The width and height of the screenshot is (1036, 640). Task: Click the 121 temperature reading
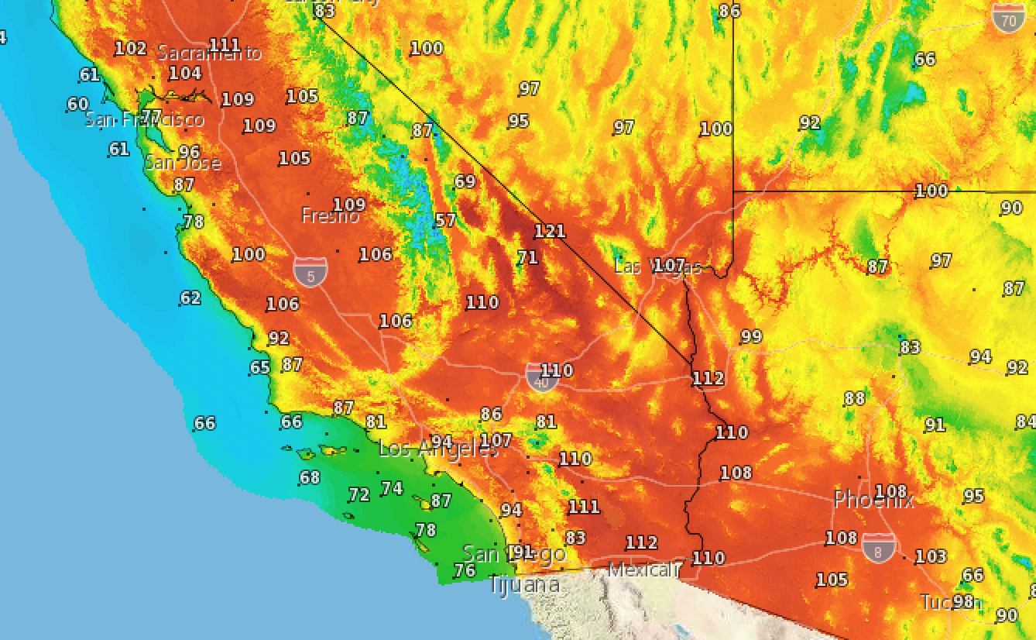pyautogui.click(x=549, y=231)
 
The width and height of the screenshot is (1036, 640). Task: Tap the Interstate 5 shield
pyautogui.click(x=310, y=270)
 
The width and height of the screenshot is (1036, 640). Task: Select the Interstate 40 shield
pyautogui.click(x=540, y=377)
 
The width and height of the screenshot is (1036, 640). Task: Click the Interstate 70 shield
pyautogui.click(x=1007, y=18)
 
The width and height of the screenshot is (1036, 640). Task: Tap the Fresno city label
pyautogui.click(x=330, y=216)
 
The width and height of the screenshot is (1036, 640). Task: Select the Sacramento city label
pyautogui.click(x=209, y=53)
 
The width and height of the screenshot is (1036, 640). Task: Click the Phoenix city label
pyautogui.click(x=873, y=500)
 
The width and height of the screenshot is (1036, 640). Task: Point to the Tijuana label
pyautogui.click(x=524, y=584)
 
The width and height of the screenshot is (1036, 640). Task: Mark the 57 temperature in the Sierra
pyautogui.click(x=445, y=220)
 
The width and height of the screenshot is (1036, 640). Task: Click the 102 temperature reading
pyautogui.click(x=130, y=48)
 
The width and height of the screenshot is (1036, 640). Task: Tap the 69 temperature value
pyautogui.click(x=465, y=181)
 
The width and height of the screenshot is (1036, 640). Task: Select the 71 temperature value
pyautogui.click(x=527, y=257)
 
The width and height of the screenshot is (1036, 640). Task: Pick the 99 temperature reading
pyautogui.click(x=750, y=336)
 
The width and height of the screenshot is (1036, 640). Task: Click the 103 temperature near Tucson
pyautogui.click(x=930, y=556)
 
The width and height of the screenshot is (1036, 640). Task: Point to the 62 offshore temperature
pyautogui.click(x=190, y=298)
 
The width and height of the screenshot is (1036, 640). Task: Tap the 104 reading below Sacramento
pyautogui.click(x=184, y=74)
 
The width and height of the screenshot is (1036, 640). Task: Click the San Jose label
pyautogui.click(x=183, y=163)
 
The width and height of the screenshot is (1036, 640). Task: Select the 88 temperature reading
pyautogui.click(x=854, y=398)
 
